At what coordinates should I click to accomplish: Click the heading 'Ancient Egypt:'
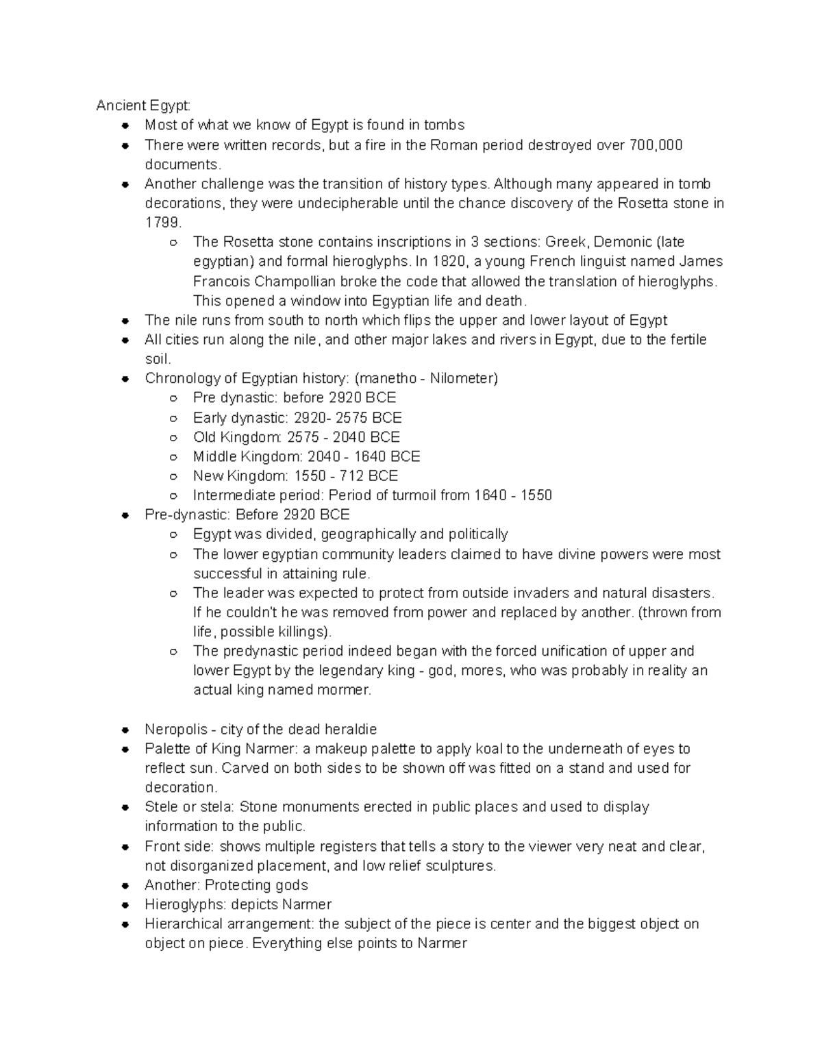point(143,106)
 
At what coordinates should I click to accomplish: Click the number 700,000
point(656,145)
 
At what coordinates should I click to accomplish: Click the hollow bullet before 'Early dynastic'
point(174,418)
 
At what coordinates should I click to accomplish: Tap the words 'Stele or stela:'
point(188,806)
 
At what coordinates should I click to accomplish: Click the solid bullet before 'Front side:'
point(125,847)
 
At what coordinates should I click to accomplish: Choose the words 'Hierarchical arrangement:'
point(229,924)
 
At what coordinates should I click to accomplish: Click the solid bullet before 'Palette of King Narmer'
point(125,749)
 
